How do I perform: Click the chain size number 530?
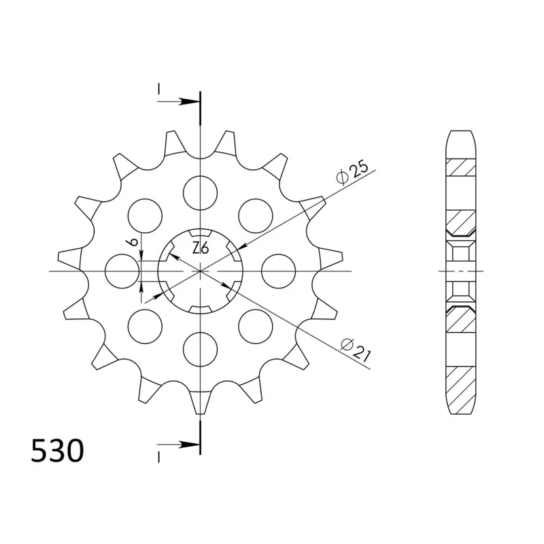58,452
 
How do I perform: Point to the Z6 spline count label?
200,248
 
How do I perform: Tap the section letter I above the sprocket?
158,89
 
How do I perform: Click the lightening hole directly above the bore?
201,192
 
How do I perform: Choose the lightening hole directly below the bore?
201,350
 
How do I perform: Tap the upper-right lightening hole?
256,215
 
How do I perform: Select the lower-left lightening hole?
145,326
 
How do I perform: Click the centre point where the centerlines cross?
201,271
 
